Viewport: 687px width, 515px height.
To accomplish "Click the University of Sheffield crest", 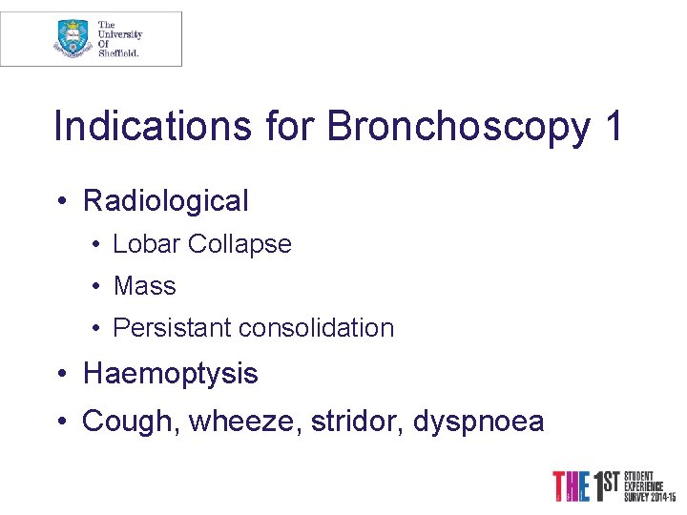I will point(73,38).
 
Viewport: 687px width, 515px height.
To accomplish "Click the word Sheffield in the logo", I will point(119,53).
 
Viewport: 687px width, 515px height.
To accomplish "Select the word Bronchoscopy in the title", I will point(458,127).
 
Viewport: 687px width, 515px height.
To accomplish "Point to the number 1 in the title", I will point(613,127).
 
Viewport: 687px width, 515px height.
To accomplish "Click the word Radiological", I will point(166,201).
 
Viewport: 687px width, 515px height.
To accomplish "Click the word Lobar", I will point(146,244).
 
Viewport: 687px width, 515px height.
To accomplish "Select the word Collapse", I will point(239,244).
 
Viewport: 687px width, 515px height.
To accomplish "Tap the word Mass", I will point(144,286).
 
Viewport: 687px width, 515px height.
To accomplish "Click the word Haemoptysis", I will point(171,374).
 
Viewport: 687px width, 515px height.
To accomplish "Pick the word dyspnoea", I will point(479,421).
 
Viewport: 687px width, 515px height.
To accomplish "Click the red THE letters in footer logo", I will point(572,486).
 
